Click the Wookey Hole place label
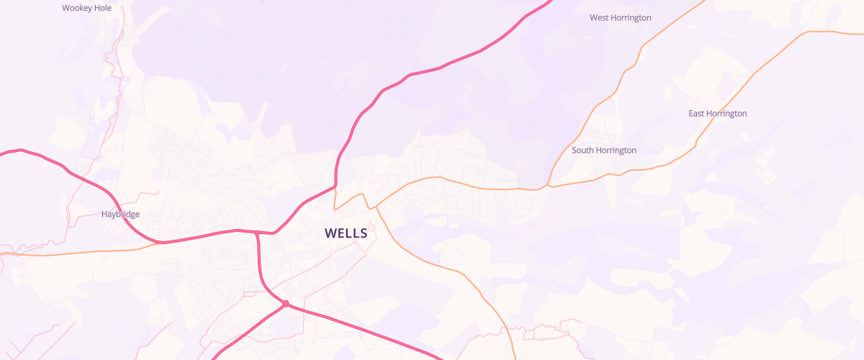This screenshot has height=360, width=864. tap(86, 8)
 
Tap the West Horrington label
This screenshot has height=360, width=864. tap(621, 17)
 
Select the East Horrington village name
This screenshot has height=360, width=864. tap(717, 114)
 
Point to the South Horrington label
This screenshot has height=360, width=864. tap(604, 150)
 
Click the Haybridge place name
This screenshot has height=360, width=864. tap(120, 214)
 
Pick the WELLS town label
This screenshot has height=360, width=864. tap(346, 233)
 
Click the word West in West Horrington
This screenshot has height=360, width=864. tap(600, 17)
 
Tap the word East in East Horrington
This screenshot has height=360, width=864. tap(696, 114)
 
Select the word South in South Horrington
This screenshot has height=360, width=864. tap(583, 150)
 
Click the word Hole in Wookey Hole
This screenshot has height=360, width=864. tap(102, 8)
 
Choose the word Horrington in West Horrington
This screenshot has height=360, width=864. tap(631, 17)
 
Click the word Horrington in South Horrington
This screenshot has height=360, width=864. tap(616, 150)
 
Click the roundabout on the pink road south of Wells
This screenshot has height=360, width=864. tap(286, 304)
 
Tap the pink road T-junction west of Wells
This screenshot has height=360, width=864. tap(256, 233)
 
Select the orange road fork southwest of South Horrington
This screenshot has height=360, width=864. tap(548, 186)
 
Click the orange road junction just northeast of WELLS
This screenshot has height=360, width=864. tap(373, 207)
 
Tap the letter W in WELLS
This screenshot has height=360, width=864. tap(330, 233)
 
